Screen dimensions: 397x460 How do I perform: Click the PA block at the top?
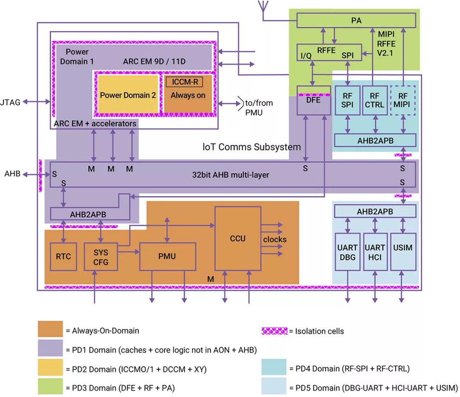356,20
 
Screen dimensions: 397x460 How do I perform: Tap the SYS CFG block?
101,256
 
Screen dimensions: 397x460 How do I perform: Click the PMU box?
168,256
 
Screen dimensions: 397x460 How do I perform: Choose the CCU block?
237,239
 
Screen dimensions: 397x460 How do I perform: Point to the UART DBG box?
348,252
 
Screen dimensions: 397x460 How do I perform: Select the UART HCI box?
375,252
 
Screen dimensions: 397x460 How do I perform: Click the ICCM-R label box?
184,82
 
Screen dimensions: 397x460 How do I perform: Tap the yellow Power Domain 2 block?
128,95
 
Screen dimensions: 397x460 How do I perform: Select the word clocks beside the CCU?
275,239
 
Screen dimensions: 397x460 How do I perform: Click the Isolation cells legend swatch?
274,331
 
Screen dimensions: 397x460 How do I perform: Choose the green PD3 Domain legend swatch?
50,388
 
